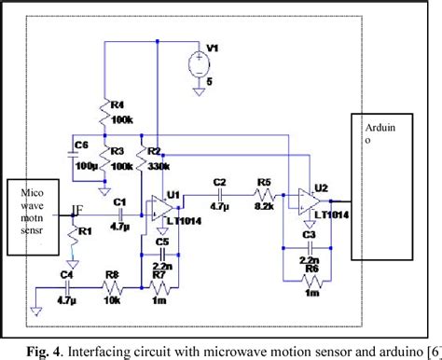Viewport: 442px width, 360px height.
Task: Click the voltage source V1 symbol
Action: [200, 64]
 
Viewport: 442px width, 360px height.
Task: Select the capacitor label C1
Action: [118, 201]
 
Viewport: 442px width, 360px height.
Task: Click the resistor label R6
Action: [310, 268]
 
